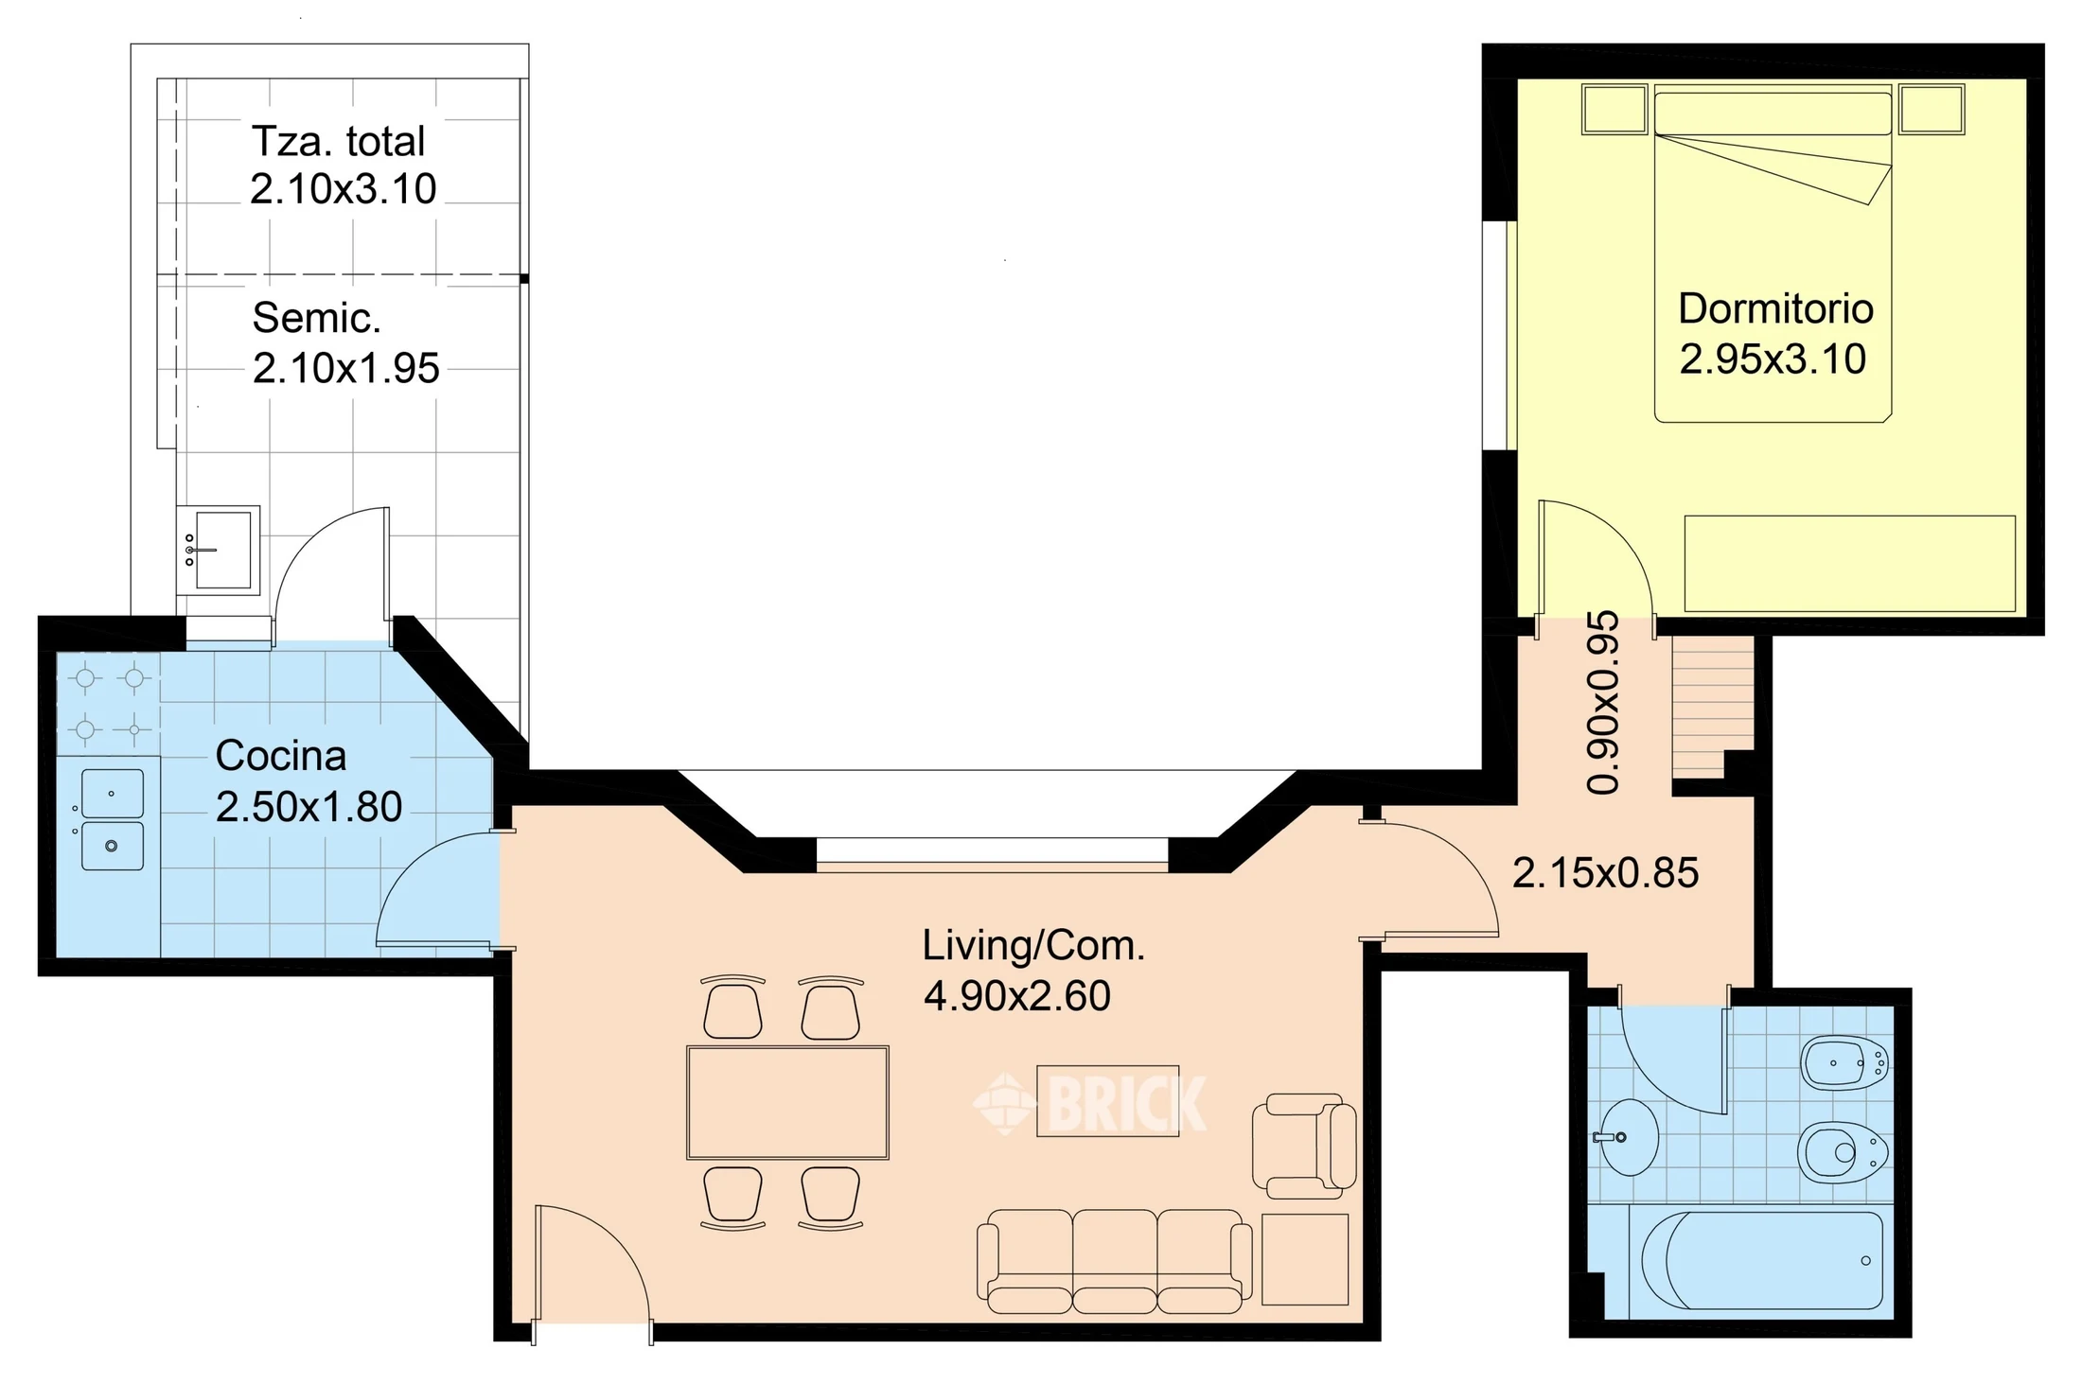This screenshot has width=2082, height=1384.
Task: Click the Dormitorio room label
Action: click(1775, 309)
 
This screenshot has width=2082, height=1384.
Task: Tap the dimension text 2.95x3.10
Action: click(1773, 359)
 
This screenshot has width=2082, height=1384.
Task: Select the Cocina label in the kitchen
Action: click(281, 756)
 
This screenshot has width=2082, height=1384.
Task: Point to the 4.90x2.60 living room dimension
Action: click(1017, 996)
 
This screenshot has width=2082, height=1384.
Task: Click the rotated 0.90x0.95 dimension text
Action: click(1603, 703)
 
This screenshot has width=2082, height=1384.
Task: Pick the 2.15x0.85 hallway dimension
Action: click(1606, 873)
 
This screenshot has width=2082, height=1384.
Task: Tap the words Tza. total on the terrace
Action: click(338, 142)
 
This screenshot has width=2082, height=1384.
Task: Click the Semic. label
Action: click(316, 319)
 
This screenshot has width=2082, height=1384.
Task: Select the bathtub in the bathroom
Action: click(1762, 1260)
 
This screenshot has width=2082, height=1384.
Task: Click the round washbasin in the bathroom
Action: click(1628, 1136)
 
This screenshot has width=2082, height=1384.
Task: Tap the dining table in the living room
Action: click(787, 1102)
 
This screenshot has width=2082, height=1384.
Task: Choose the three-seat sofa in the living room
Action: click(1114, 1261)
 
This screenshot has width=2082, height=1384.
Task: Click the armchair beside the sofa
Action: click(1304, 1146)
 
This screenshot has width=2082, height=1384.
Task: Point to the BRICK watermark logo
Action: click(1090, 1103)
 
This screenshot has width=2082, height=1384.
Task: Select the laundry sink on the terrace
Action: click(219, 550)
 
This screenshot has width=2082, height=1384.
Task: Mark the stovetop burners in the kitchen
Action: click(110, 704)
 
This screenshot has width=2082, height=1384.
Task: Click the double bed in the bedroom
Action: click(1773, 253)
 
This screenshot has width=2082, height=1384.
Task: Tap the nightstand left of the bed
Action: click(1614, 109)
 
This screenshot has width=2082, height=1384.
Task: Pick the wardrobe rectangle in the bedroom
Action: click(1850, 563)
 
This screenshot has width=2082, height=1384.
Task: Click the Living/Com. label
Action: click(1033, 946)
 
